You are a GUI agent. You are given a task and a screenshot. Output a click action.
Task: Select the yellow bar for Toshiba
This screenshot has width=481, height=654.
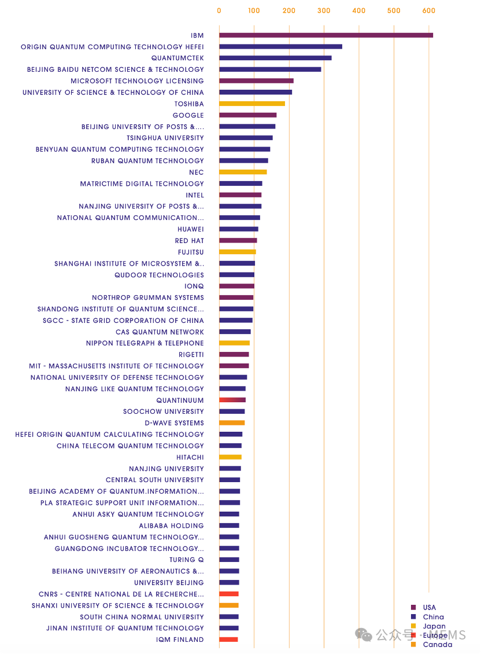251,104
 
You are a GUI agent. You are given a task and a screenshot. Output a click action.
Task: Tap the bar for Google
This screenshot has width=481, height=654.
247,115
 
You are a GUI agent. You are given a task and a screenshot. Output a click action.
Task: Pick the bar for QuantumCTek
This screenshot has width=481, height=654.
275,58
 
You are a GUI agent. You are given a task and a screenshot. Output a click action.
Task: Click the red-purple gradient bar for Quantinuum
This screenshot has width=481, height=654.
232,400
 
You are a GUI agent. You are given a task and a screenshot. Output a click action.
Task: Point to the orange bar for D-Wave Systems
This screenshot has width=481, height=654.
232,423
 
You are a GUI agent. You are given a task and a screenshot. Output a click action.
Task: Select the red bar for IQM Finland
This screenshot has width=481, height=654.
228,640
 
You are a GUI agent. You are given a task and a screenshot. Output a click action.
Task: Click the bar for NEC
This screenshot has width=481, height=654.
243,172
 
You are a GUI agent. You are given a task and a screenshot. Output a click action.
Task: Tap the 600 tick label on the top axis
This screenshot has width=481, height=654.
428,10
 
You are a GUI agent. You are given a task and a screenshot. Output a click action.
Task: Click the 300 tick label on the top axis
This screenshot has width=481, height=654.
324,10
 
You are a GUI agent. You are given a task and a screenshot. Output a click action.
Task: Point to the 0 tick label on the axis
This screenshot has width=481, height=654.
219,10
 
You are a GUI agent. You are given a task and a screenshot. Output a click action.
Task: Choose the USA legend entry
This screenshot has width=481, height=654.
429,608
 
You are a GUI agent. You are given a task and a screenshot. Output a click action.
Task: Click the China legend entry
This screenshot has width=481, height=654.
433,617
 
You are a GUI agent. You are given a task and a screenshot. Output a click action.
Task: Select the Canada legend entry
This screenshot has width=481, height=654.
437,645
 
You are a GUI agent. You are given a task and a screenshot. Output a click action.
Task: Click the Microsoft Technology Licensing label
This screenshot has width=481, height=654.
137,81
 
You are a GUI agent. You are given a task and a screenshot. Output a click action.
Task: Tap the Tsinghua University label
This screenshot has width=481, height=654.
165,138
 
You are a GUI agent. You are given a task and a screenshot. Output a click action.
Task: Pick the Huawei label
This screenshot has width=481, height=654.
191,229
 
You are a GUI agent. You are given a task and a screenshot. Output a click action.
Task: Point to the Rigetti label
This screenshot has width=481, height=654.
191,355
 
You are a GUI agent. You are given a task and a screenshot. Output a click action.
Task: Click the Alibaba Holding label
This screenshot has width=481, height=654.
171,526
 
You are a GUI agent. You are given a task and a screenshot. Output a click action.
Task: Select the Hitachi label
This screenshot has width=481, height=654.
190,457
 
